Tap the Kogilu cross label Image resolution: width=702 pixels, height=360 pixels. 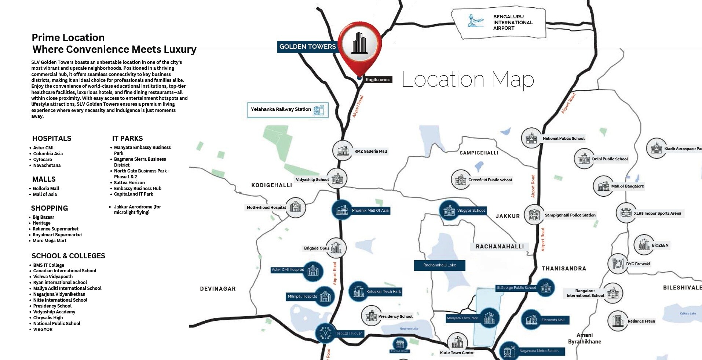(x=378, y=80)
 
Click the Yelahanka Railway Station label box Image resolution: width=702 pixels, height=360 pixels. (x=288, y=110)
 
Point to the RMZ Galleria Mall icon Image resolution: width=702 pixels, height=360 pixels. (x=343, y=150)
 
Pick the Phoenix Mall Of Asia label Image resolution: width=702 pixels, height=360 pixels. (x=370, y=211)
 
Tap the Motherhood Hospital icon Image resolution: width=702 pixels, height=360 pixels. (x=295, y=207)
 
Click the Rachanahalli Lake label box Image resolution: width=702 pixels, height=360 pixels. (x=439, y=265)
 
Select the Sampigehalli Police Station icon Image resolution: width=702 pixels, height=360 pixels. (x=534, y=215)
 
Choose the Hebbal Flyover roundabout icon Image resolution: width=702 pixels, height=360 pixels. (x=325, y=333)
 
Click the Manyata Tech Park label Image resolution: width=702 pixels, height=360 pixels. (x=462, y=318)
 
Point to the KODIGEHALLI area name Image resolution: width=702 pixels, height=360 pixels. (x=271, y=185)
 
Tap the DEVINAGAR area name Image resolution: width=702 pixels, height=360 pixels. (x=218, y=289)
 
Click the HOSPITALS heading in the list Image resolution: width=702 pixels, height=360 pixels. (x=52, y=138)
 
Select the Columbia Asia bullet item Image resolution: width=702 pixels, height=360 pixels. (x=48, y=154)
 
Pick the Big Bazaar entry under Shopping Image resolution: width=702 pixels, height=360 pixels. (x=43, y=217)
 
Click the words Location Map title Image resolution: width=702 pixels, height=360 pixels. (x=468, y=80)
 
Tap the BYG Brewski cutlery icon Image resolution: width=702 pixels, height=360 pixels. (x=618, y=263)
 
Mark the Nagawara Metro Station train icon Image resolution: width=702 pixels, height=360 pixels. (x=509, y=351)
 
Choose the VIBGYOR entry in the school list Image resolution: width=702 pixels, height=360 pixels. (x=43, y=330)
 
